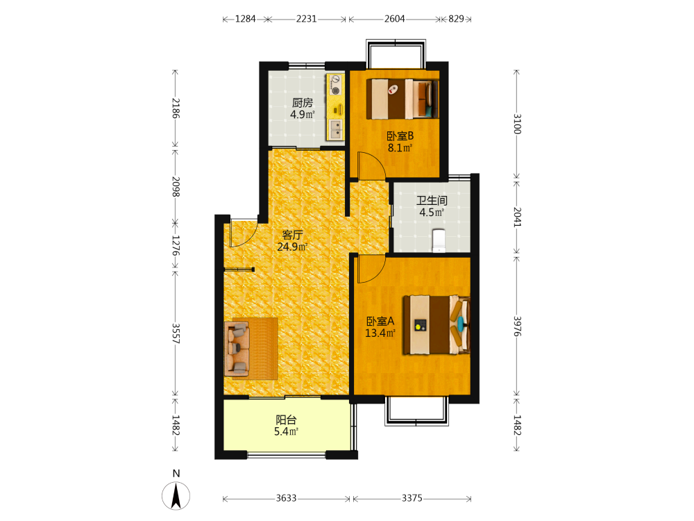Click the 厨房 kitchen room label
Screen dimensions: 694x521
pyautogui.click(x=303, y=103)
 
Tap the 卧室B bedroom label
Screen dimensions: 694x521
pyautogui.click(x=400, y=136)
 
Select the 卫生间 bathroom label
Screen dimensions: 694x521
pyautogui.click(x=432, y=201)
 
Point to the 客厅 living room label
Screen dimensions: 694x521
pyautogui.click(x=293, y=235)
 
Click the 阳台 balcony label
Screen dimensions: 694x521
pyautogui.click(x=286, y=420)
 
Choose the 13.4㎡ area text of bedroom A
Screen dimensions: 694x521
pyautogui.click(x=380, y=333)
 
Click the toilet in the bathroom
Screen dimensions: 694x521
pyautogui.click(x=438, y=240)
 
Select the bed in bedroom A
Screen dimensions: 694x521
pyautogui.click(x=437, y=325)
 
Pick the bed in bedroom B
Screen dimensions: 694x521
pyautogui.click(x=403, y=99)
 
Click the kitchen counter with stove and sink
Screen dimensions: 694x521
pyautogui.click(x=335, y=107)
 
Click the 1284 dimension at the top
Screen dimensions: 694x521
pyautogui.click(x=245, y=19)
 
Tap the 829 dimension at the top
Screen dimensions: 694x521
pyautogui.click(x=457, y=19)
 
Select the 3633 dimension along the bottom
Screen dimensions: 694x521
pyautogui.click(x=286, y=498)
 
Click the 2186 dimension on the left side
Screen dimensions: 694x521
pyautogui.click(x=176, y=108)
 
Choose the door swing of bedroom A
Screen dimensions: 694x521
pyautogui.click(x=371, y=269)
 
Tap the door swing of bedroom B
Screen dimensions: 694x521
pyautogui.click(x=371, y=166)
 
